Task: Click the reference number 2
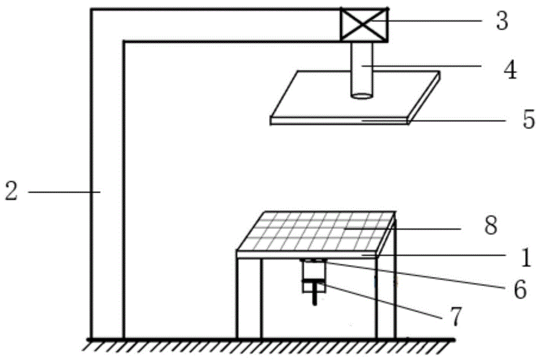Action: click(11, 192)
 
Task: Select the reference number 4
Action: click(509, 69)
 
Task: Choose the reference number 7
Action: click(455, 317)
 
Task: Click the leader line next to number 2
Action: click(62, 191)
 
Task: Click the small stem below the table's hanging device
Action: click(314, 300)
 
